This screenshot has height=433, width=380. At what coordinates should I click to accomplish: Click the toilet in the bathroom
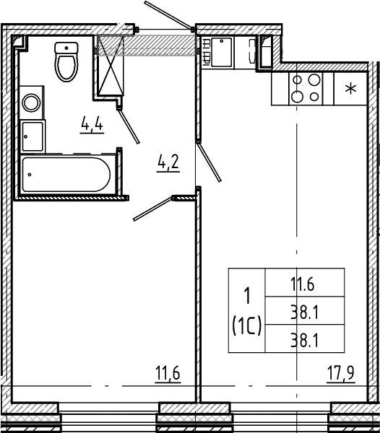click(x=66, y=62)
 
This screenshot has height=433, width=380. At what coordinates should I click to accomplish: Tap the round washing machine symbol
click(x=31, y=102)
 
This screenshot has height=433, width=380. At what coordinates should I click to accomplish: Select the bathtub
click(x=66, y=175)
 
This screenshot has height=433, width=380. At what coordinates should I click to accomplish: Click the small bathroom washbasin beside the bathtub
click(x=33, y=136)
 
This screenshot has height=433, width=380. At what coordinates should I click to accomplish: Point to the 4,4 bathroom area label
click(x=92, y=125)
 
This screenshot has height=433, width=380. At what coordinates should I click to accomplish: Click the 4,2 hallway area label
click(x=168, y=163)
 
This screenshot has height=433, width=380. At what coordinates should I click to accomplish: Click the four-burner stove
click(x=306, y=89)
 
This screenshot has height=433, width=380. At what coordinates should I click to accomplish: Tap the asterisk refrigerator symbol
click(x=350, y=89)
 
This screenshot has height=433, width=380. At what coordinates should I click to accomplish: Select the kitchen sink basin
click(x=221, y=53)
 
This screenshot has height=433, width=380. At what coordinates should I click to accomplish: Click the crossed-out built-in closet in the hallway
click(x=111, y=65)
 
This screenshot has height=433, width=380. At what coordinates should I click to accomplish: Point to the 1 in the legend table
click(x=247, y=296)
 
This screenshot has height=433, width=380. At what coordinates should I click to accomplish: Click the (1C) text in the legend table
click(x=247, y=325)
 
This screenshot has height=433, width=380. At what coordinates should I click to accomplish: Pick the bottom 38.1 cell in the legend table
click(x=305, y=339)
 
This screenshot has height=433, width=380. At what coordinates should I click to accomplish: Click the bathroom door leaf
click(x=129, y=126)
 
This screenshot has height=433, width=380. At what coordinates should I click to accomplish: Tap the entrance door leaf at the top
click(x=169, y=15)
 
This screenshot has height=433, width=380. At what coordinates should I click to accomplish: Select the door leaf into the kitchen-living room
click(x=209, y=161)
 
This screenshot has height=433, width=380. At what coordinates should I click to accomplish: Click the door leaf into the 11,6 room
click(x=154, y=209)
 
